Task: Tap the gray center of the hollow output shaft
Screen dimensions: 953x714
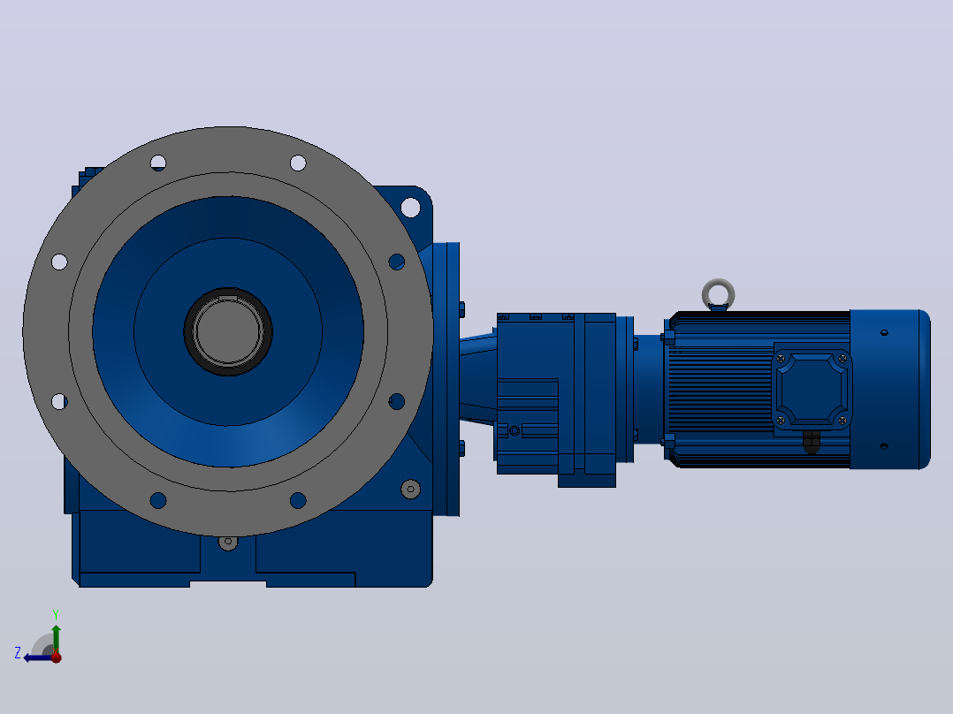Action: click(228, 331)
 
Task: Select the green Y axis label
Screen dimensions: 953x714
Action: click(56, 614)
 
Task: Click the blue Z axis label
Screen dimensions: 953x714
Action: click(18, 653)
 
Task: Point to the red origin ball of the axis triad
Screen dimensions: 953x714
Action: click(56, 657)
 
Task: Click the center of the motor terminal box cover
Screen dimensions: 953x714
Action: click(812, 388)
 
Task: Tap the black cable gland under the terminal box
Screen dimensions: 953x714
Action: click(812, 442)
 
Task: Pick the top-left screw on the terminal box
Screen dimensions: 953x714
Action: click(781, 359)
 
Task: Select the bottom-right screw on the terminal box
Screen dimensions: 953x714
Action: click(842, 420)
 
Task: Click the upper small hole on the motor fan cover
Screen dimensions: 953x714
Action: click(884, 332)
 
